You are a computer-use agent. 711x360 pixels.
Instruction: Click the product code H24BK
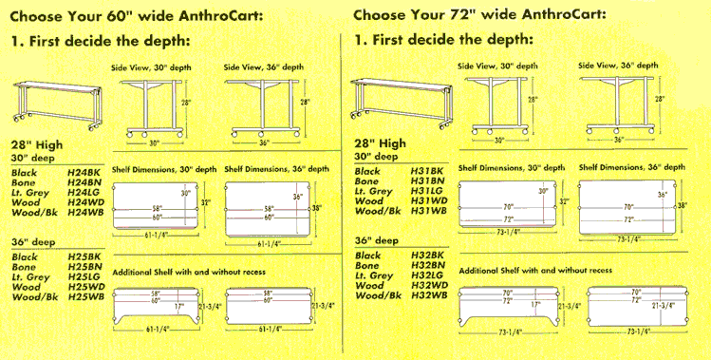coord(85,172)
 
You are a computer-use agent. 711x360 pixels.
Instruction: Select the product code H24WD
coord(85,200)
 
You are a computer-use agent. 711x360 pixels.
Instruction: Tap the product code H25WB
coord(85,298)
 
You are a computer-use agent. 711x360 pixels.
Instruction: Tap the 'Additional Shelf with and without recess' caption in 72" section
coord(533,270)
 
